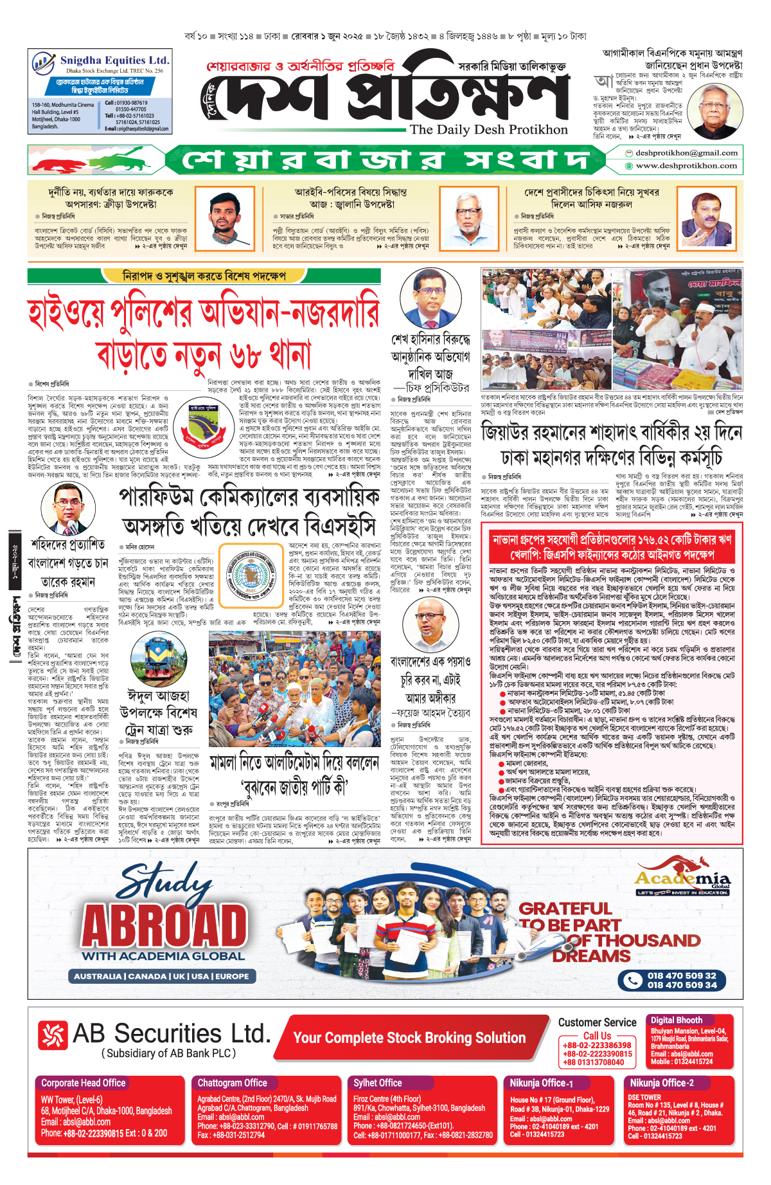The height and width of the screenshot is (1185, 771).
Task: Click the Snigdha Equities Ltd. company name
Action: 114,60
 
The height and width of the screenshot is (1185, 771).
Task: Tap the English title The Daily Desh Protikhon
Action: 488,129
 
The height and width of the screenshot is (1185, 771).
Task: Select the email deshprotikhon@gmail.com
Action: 686,153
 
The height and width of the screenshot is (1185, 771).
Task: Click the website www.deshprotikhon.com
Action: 686,166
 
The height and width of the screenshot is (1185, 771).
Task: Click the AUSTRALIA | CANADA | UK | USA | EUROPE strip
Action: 161,976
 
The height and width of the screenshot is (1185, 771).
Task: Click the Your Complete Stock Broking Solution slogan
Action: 409,1037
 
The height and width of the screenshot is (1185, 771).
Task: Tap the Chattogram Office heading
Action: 232,1083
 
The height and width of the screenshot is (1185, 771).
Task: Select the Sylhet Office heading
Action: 377,1083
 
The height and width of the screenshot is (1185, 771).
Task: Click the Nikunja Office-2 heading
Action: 661,1083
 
